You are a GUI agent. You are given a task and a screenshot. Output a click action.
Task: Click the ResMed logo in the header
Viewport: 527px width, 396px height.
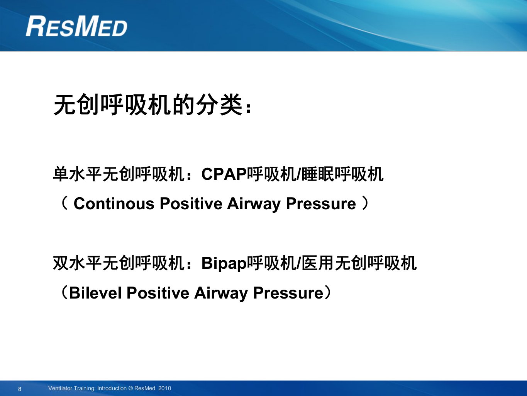(76, 26)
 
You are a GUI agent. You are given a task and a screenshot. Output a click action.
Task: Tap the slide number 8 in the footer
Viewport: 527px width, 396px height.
(20, 389)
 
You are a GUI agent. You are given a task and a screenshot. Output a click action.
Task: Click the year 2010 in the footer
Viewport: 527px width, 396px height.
(165, 388)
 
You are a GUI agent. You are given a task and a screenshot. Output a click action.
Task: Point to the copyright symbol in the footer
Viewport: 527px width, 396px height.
(130, 388)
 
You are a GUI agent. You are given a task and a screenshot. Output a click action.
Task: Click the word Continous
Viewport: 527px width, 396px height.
(114, 204)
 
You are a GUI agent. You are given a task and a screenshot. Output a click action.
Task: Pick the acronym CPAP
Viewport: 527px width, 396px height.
(224, 174)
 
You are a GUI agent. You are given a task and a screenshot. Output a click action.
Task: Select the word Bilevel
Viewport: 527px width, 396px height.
(95, 293)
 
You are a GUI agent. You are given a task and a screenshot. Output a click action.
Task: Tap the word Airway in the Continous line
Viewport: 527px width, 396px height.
(254, 204)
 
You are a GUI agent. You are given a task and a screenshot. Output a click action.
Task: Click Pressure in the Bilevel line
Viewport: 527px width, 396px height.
(288, 293)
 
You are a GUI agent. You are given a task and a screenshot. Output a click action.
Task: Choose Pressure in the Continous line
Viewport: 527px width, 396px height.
(321, 204)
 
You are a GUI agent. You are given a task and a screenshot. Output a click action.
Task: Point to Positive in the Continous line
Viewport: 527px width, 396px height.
(191, 204)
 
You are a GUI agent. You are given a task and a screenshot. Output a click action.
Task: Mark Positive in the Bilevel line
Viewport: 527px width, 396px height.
(158, 293)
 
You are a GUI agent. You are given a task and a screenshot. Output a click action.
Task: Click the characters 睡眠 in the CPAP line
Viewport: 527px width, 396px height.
(318, 174)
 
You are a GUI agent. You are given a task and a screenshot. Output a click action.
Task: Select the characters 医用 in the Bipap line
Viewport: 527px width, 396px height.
(318, 263)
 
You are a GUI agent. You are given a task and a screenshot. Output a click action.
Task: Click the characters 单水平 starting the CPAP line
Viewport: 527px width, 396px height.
(78, 174)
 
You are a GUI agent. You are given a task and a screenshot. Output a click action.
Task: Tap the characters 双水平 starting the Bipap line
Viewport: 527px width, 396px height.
(78, 263)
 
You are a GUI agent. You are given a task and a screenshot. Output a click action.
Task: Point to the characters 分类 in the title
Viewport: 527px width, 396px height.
(219, 105)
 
